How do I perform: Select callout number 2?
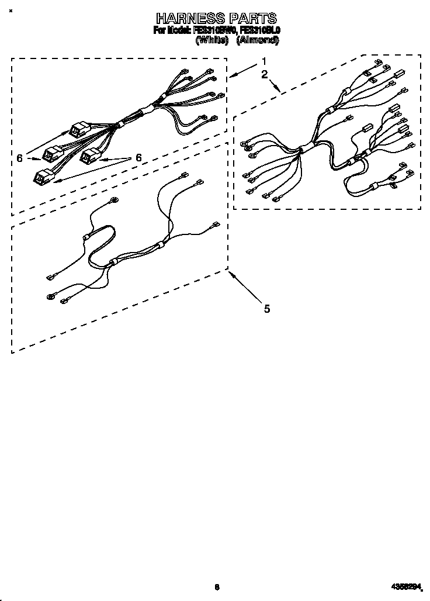coord(265,74)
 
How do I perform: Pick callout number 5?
coord(266,309)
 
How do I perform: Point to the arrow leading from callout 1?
coord(243,70)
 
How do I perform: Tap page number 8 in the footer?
coord(217,586)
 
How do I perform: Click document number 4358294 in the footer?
coord(406,586)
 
